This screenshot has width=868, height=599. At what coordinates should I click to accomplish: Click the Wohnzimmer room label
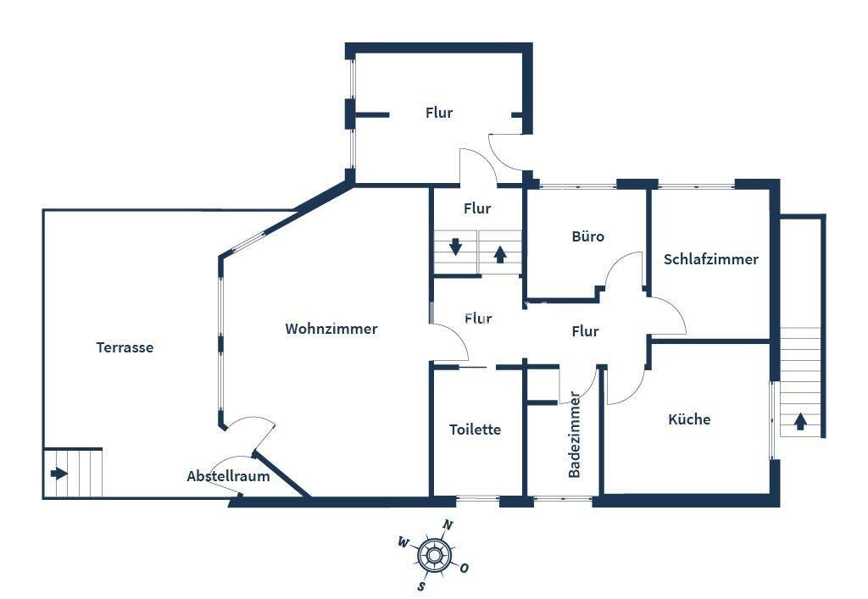[331, 329]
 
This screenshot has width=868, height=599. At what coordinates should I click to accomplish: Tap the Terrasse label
[125, 347]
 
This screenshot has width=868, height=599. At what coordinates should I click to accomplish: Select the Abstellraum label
[228, 476]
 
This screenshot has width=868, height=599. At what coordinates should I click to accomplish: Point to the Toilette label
[475, 430]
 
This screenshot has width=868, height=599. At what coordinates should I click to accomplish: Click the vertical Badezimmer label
[575, 435]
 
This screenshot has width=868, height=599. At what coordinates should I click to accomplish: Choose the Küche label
[689, 419]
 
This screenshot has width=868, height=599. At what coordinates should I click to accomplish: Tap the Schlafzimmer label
[711, 259]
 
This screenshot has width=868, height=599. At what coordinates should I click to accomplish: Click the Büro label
[588, 236]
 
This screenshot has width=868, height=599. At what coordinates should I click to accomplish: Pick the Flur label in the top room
[439, 113]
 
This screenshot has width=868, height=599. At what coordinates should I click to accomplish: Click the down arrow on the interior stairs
[455, 247]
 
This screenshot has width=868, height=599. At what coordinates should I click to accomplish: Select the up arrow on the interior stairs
[500, 254]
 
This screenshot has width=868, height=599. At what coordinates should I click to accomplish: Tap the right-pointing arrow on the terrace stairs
[58, 474]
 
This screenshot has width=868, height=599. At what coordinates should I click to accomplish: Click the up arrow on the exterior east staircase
[800, 421]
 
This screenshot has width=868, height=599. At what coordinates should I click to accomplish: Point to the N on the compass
[448, 525]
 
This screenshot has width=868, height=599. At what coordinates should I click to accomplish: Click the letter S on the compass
[422, 585]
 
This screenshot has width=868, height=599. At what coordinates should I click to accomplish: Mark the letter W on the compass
[403, 542]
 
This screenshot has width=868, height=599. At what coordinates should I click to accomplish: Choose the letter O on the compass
[464, 568]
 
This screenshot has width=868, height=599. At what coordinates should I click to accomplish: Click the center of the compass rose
[435, 555]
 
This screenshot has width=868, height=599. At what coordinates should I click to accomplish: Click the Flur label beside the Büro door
[585, 331]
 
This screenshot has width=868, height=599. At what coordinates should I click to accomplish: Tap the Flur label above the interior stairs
[477, 208]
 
